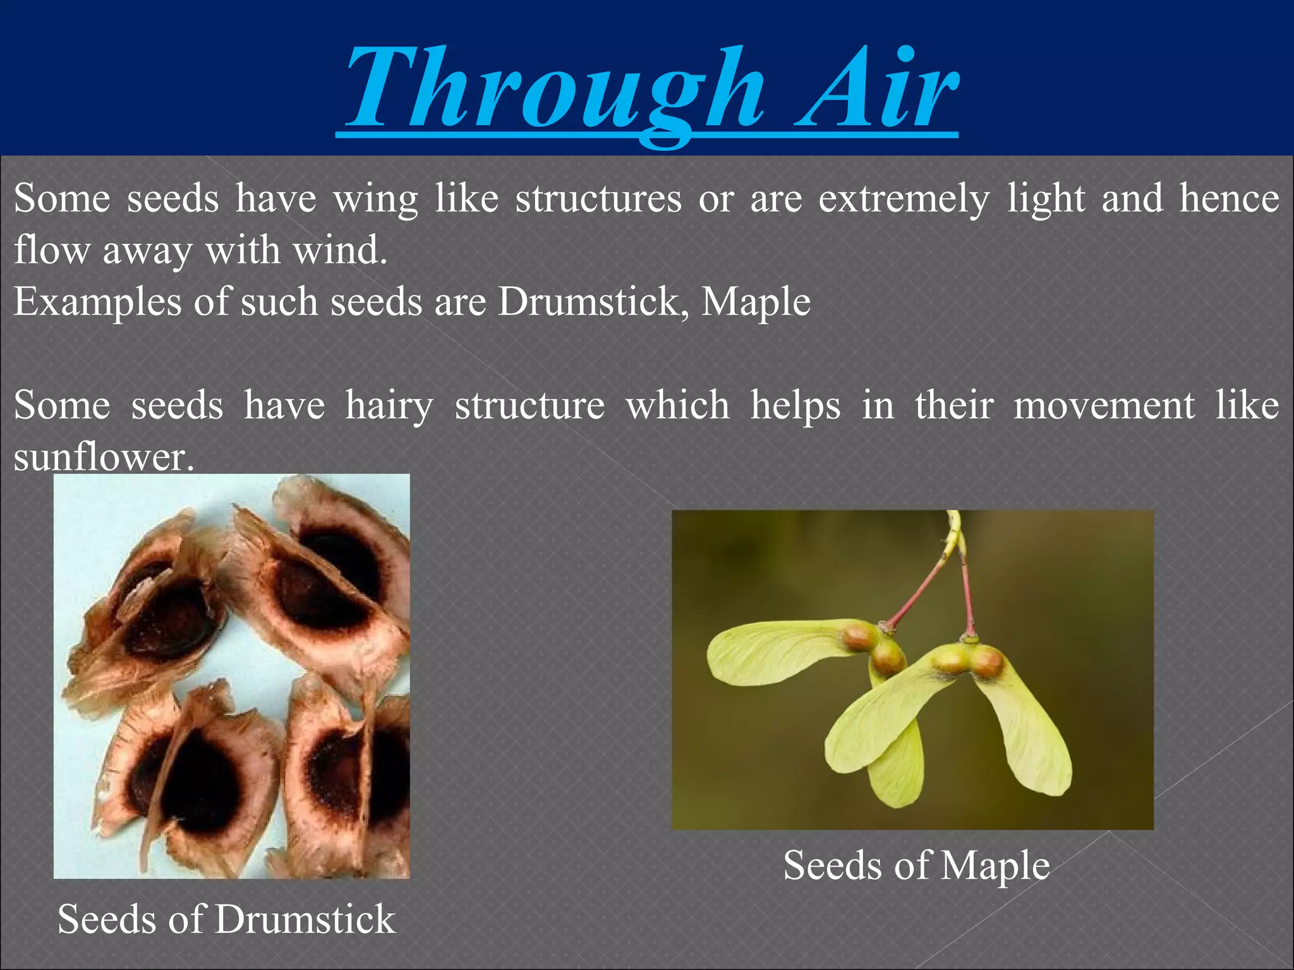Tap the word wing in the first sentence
(375, 200)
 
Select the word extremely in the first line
(904, 200)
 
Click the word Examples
(97, 302)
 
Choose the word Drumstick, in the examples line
(593, 302)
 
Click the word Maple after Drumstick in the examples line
(756, 302)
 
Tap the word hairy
(389, 405)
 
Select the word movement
(1104, 405)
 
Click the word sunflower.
(102, 457)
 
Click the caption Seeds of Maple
(916, 865)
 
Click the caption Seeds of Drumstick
(226, 919)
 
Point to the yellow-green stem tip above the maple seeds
(953, 527)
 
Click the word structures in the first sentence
(598, 200)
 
